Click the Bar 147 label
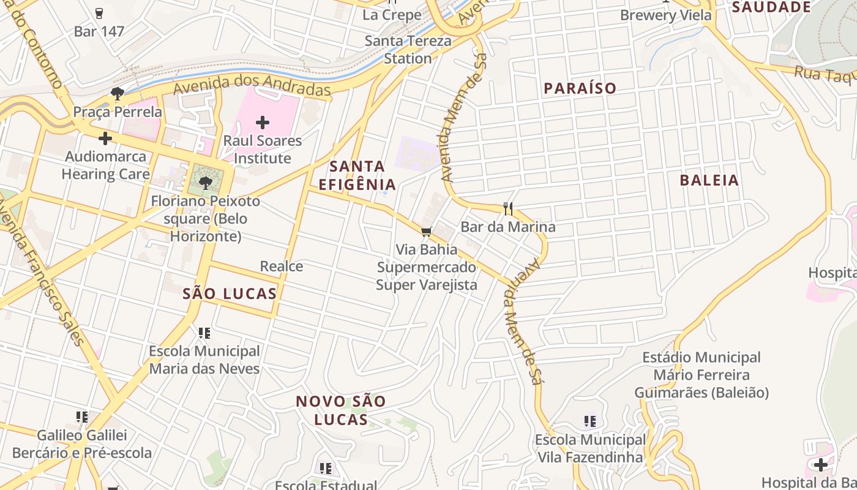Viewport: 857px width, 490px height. (x=99, y=31)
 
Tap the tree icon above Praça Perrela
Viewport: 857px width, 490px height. (x=117, y=94)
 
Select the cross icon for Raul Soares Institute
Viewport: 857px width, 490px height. (x=263, y=123)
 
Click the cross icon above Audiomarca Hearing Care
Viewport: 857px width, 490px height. (x=105, y=138)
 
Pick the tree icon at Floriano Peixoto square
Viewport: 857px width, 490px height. (x=206, y=182)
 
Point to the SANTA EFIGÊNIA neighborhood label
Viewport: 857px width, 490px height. (x=357, y=175)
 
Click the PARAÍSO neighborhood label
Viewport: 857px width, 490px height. (x=580, y=88)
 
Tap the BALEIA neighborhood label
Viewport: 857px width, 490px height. (x=709, y=181)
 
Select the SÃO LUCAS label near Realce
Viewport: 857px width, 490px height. (x=230, y=294)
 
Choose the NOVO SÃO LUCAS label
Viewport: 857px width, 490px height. (x=341, y=410)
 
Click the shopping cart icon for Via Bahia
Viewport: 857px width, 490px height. (x=427, y=232)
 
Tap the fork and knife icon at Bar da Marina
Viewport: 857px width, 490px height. (x=507, y=209)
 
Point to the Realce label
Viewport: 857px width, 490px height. (x=282, y=266)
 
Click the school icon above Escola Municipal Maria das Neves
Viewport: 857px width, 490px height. (x=204, y=333)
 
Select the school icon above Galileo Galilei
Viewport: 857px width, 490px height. (x=82, y=417)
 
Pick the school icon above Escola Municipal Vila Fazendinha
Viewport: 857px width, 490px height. (x=590, y=421)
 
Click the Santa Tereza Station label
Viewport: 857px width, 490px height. (x=408, y=50)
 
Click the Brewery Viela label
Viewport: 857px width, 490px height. (x=666, y=15)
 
